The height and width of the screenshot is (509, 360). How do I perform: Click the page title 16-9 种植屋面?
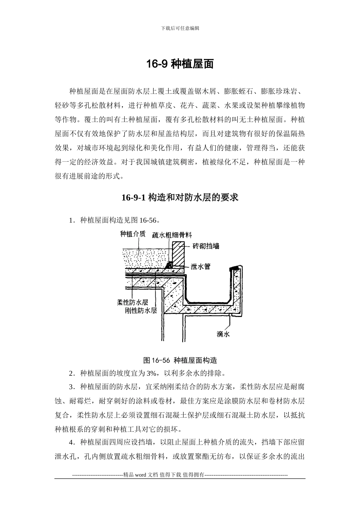(x=180, y=64)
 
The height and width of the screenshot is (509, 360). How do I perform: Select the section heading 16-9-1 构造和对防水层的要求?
(x=180, y=198)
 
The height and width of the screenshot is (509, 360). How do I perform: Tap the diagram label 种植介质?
(x=133, y=234)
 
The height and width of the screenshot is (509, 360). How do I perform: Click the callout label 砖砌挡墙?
(x=206, y=246)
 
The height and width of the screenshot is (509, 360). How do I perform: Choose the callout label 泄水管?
(x=200, y=266)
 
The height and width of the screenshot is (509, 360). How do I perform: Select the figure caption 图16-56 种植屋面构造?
(x=180, y=360)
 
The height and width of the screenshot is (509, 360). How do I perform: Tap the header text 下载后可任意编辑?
(x=180, y=28)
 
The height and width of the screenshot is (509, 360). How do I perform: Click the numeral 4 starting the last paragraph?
(x=71, y=442)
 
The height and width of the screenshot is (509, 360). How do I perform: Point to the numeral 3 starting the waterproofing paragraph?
(x=71, y=387)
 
